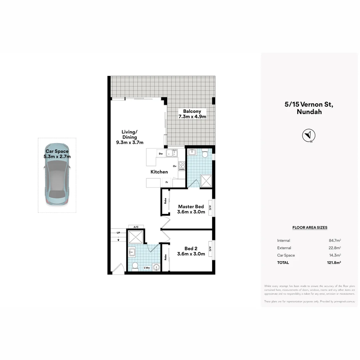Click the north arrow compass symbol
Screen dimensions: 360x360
309,135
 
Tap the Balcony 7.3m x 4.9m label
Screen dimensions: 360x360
192,114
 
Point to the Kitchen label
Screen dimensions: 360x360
159,172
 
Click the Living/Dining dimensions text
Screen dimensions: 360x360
129,142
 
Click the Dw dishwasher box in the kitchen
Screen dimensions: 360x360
161,154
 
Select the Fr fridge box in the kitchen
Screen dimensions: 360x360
167,182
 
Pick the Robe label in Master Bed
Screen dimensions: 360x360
165,201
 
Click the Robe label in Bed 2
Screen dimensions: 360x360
165,257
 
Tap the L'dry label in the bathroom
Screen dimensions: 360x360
147,268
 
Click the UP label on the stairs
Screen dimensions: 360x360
118,233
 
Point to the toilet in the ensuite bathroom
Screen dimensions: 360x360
205,154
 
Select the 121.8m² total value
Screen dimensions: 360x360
334,263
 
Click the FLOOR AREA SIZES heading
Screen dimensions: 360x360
310,228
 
